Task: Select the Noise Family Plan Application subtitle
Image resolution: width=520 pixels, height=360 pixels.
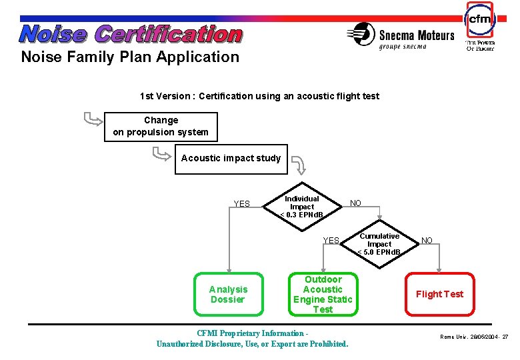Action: coord(130,57)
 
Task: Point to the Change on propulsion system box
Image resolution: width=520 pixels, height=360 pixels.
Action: coord(161,126)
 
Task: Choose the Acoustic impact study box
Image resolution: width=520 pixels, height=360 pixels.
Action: coord(231,159)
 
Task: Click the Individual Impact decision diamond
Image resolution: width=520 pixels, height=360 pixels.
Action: coord(302,207)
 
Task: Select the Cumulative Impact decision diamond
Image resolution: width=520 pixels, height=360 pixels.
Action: coord(379,244)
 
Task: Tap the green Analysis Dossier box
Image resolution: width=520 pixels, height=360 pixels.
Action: coord(228,294)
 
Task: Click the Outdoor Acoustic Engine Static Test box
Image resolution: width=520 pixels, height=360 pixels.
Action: coord(323,294)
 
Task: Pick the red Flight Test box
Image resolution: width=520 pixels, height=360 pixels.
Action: coord(439,294)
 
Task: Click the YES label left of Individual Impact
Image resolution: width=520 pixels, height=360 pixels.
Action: coord(241,204)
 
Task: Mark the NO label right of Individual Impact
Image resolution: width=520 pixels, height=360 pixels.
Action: coord(356,203)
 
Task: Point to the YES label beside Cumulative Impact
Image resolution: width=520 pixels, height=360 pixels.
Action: coord(331,241)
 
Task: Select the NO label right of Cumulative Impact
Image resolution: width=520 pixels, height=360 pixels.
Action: coord(427,240)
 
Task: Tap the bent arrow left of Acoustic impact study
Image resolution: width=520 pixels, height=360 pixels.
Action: coord(161,154)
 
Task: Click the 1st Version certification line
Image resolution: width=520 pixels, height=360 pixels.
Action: coord(259,96)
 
